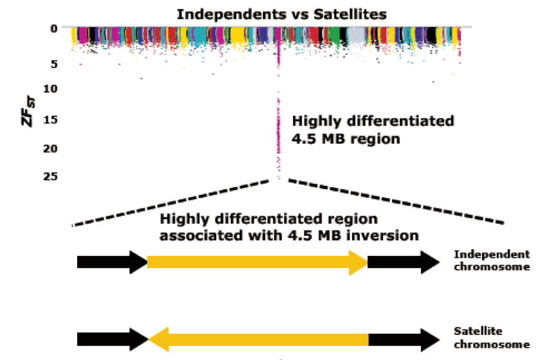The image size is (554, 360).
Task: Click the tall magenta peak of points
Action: tap(278, 116)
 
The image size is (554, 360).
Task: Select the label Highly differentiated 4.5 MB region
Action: tap(373, 129)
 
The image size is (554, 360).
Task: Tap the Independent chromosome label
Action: tap(492, 260)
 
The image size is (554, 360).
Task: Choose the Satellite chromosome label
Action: tap(492, 337)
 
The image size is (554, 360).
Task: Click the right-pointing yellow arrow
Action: tap(257, 262)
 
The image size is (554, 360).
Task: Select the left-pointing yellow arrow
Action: tap(257, 339)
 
